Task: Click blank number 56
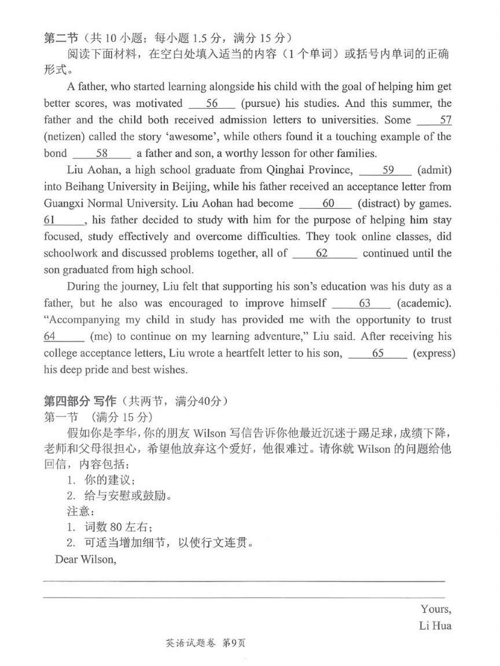[212, 103]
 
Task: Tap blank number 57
[435, 120]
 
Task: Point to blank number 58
[102, 154]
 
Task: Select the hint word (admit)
[434, 170]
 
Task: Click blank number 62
[325, 253]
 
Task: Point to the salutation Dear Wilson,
[85, 559]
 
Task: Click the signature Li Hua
[435, 626]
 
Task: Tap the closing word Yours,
[436, 609]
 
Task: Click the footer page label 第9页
[234, 643]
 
